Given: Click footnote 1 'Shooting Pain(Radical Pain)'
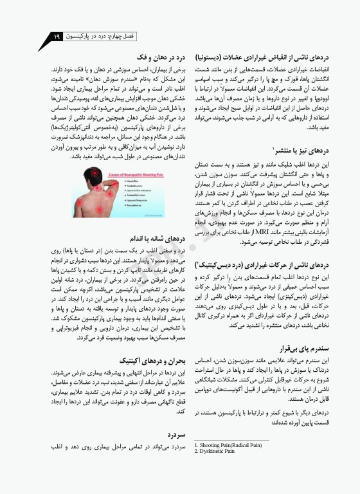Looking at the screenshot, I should click(228, 445).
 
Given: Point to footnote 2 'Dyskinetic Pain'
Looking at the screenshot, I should click(215, 451).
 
